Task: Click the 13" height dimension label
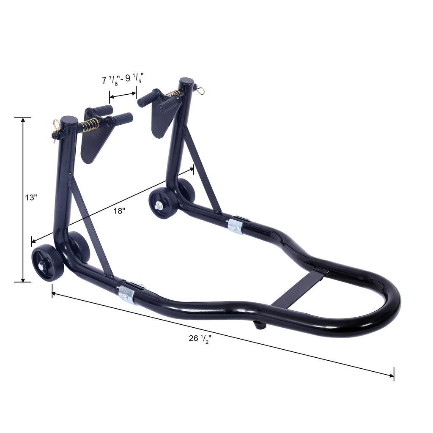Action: point(31,197)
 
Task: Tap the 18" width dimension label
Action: point(119,211)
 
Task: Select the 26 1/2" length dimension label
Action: point(200,339)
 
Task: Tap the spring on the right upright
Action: point(174,93)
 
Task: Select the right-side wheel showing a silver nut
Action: point(163,203)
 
